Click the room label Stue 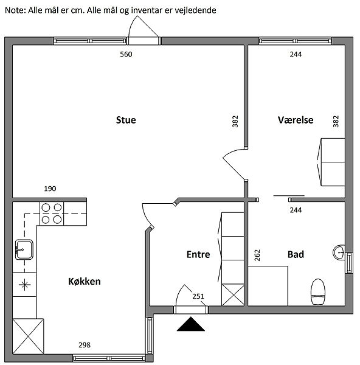click(126, 120)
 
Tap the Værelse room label click(296, 120)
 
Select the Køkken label click(85, 282)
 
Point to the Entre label click(198, 254)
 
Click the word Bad click(296, 254)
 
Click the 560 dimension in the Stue click(126, 54)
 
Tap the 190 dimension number click(50, 189)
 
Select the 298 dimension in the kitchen click(85, 345)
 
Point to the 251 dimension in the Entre click(198, 296)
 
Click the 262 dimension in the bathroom click(257, 255)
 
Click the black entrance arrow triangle click(191, 324)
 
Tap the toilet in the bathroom click(318, 292)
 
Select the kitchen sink click(24, 249)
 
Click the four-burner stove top click(52, 214)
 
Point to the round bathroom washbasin click(339, 252)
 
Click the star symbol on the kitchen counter click(24, 285)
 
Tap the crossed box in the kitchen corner click(28, 336)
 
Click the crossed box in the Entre click(233, 294)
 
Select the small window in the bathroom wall click(349, 263)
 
